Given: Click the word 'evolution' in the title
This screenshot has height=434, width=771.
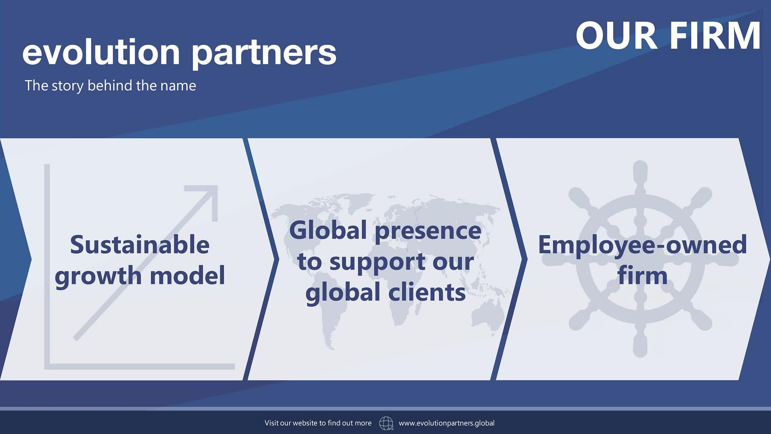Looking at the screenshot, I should (x=101, y=52).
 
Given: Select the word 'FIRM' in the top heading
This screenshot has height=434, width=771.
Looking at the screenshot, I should (x=715, y=36).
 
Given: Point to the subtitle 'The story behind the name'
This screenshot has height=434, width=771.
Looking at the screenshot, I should (x=110, y=86).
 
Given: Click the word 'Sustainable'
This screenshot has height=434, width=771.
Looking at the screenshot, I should (x=140, y=245).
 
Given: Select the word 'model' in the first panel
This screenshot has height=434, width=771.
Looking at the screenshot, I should (x=187, y=276).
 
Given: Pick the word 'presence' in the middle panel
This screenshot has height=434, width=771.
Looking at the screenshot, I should (x=428, y=231).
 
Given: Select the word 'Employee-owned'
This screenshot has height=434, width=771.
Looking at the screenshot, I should (x=642, y=245).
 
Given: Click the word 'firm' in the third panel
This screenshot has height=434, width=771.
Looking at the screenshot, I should (x=642, y=276).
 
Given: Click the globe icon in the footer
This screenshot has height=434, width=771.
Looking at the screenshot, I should (x=386, y=423).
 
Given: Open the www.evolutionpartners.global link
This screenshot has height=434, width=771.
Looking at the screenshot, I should (x=447, y=423).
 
